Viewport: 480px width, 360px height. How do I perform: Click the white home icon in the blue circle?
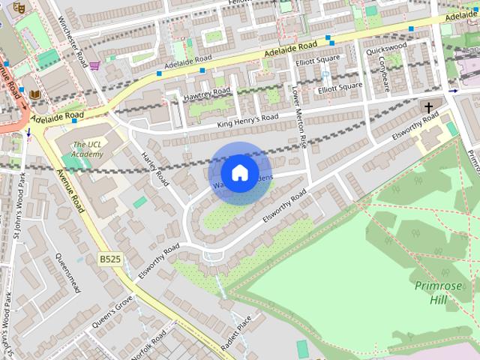(239, 172)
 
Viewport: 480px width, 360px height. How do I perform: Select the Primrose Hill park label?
(433, 292)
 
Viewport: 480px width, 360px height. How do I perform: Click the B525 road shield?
(109, 259)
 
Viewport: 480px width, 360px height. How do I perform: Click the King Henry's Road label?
(247, 120)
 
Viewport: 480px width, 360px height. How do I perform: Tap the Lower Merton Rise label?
(300, 117)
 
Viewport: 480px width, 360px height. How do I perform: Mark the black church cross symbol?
(429, 107)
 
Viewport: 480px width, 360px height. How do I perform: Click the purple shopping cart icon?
(94, 65)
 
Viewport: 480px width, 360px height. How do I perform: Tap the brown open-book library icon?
(34, 94)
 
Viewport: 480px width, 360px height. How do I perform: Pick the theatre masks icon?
(19, 7)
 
